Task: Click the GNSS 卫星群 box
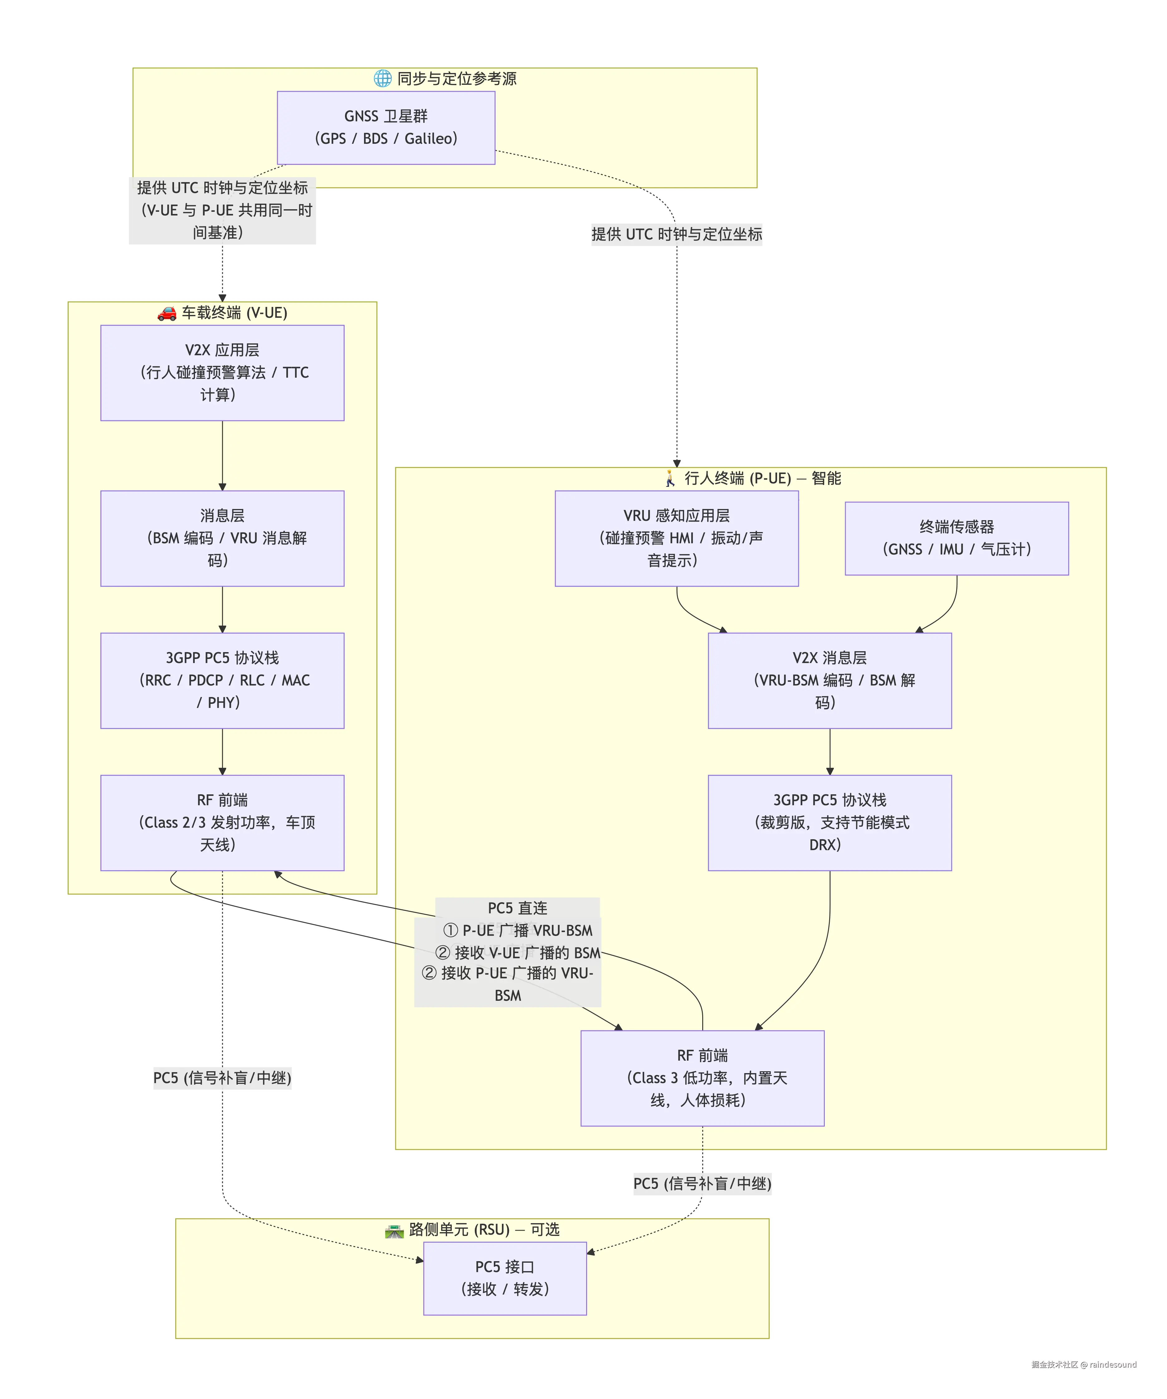point(386,127)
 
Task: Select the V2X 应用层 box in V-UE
point(222,372)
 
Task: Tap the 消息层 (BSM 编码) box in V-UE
point(222,538)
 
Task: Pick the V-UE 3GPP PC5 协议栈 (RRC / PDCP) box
point(222,680)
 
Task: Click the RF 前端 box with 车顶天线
point(222,823)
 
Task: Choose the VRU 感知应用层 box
point(677,538)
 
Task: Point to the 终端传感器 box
point(956,538)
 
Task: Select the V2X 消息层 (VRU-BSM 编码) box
point(830,680)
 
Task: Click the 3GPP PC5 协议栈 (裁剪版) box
point(830,823)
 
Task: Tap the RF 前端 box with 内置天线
point(703,1078)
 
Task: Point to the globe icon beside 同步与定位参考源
point(382,79)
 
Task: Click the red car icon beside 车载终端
point(167,313)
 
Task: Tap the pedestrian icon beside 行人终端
point(670,478)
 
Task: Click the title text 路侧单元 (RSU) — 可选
point(484,1229)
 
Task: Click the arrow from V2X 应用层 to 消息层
point(222,456)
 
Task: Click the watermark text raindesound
point(1113,1364)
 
